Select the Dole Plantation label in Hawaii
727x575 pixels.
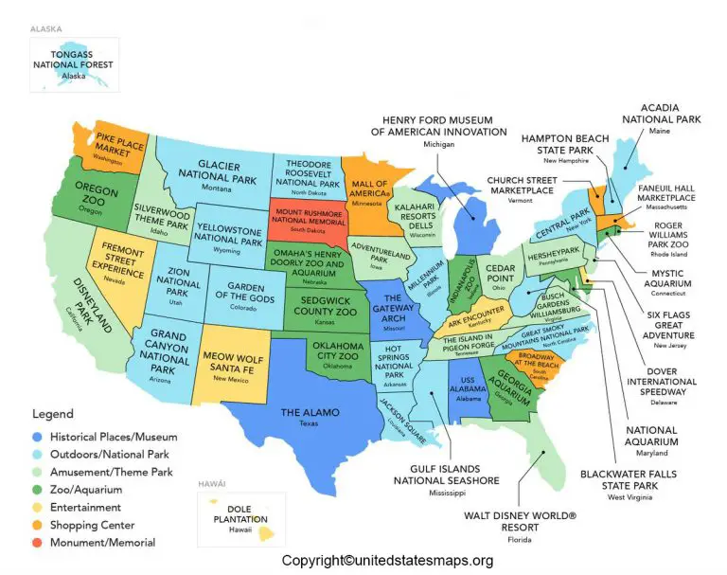(229, 512)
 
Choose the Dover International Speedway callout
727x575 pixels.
(662, 382)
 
